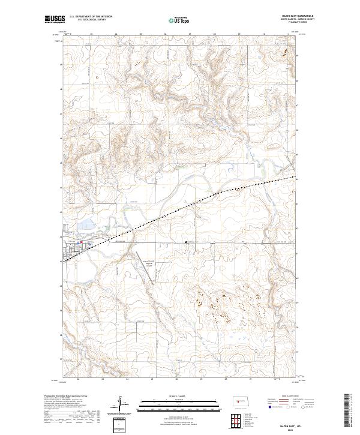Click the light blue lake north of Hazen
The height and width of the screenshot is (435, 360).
pyautogui.click(x=85, y=226)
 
